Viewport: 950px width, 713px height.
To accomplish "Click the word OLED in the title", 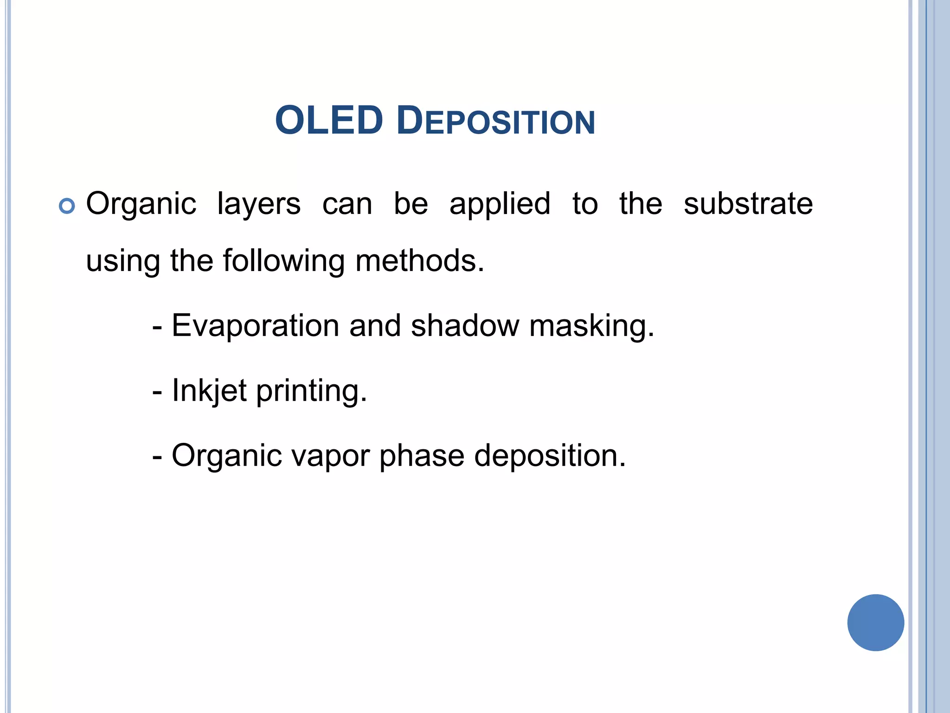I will [329, 121].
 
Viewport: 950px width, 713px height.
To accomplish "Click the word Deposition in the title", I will [495, 122].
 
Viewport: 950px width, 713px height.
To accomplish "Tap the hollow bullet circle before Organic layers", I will [67, 206].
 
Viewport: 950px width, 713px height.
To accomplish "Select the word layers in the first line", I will [259, 205].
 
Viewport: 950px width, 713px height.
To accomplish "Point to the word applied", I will [500, 205].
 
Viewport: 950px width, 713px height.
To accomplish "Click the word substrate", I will [748, 204].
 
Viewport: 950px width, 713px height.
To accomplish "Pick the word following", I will [283, 261].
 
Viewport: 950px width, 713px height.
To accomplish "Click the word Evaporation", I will [256, 326].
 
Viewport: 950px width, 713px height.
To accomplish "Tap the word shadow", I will [465, 326].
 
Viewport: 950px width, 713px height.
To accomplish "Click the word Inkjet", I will [209, 391].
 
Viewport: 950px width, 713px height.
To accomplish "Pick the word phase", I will [422, 456].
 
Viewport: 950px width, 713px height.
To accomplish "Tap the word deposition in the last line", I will [550, 456].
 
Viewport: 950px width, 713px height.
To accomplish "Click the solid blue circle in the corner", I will [875, 622].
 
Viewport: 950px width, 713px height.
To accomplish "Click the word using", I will [123, 262].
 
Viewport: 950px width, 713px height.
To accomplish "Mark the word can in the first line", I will [347, 205].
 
